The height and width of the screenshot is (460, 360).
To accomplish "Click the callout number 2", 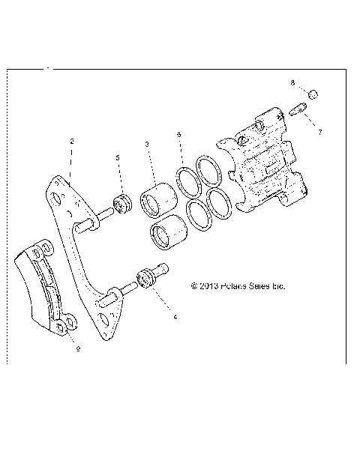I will tap(71, 141).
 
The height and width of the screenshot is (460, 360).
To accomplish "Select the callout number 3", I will tap(147, 144).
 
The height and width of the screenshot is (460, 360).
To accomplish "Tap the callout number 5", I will tap(118, 157).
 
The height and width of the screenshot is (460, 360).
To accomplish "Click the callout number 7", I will tap(319, 132).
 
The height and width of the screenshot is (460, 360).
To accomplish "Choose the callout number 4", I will tap(175, 317).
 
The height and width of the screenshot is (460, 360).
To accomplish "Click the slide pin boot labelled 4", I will tap(146, 279).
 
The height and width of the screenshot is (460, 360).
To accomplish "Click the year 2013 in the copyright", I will tap(209, 285).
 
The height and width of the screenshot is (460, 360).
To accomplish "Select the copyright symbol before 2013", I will tap(194, 285).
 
